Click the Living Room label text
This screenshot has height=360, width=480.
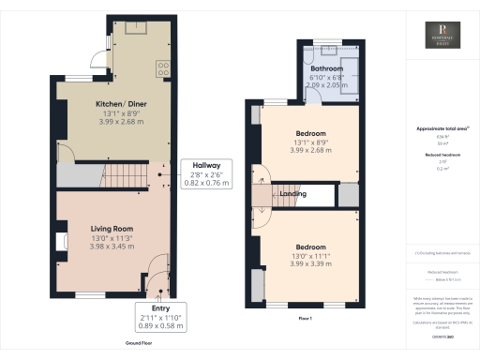(x=111, y=229)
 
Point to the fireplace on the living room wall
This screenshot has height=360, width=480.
(x=61, y=242)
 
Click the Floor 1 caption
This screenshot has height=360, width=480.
(x=306, y=318)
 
